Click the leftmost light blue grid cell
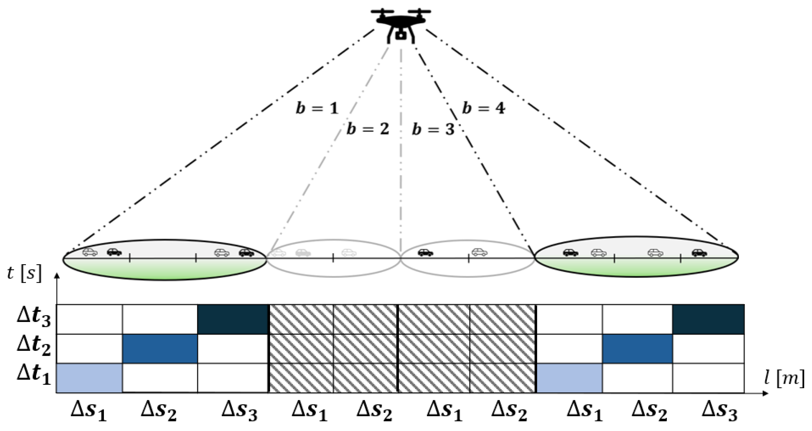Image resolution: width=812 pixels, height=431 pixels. (x=89, y=378)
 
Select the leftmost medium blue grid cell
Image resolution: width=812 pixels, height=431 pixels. (x=160, y=349)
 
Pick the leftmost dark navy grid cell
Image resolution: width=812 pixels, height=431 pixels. (x=233, y=319)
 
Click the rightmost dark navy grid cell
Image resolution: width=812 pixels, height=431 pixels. (x=708, y=319)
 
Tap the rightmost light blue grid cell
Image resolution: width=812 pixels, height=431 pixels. (x=569, y=378)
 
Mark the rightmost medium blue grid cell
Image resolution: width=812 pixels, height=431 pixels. (x=637, y=349)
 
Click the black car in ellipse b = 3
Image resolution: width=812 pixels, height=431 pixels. (x=425, y=252)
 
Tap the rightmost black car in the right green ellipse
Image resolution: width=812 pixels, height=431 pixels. (x=699, y=252)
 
